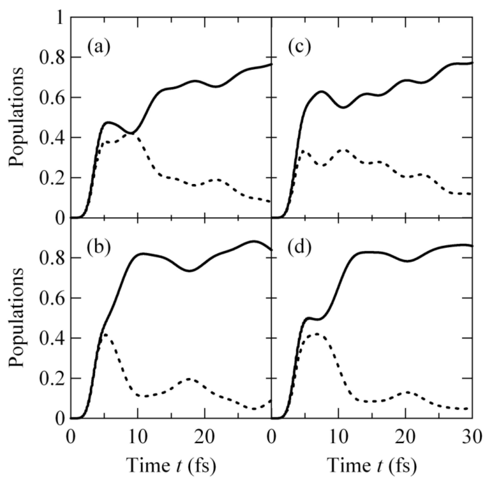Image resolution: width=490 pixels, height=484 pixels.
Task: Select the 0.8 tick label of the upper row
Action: coord(52,58)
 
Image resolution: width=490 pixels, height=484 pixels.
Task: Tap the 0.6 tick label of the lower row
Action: coord(52,298)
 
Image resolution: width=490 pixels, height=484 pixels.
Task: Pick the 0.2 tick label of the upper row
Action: coord(52,178)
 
